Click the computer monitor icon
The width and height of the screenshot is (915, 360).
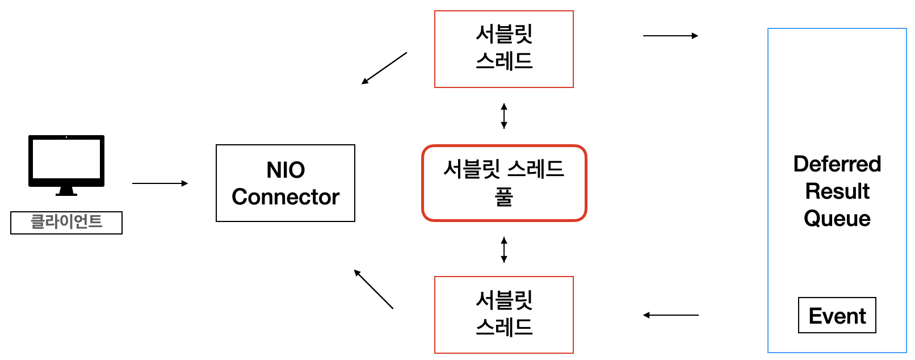point(66,161)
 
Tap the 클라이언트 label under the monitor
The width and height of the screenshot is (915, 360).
point(66,222)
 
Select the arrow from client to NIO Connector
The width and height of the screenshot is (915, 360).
point(160,183)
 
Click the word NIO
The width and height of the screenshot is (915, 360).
point(286,170)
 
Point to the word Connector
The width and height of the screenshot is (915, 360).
point(286,197)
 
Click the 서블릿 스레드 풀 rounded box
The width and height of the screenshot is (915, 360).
point(504,183)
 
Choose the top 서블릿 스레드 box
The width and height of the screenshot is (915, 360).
point(504,49)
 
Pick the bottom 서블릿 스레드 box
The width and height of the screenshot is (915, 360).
point(504,315)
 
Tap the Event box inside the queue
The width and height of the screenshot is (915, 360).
point(837,315)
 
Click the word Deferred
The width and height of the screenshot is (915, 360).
point(837,164)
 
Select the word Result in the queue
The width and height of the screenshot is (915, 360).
point(837,191)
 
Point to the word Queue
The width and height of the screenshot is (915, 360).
point(837,219)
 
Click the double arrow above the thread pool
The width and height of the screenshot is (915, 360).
point(504,116)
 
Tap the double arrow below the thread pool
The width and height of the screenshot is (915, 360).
point(504,250)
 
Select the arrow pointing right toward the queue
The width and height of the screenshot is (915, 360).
point(670,36)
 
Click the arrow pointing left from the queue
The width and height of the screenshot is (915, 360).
point(670,315)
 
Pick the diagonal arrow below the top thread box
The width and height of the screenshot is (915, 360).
point(384,68)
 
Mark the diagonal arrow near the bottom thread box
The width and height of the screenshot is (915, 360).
point(373,289)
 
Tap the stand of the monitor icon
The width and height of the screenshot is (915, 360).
point(66,191)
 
